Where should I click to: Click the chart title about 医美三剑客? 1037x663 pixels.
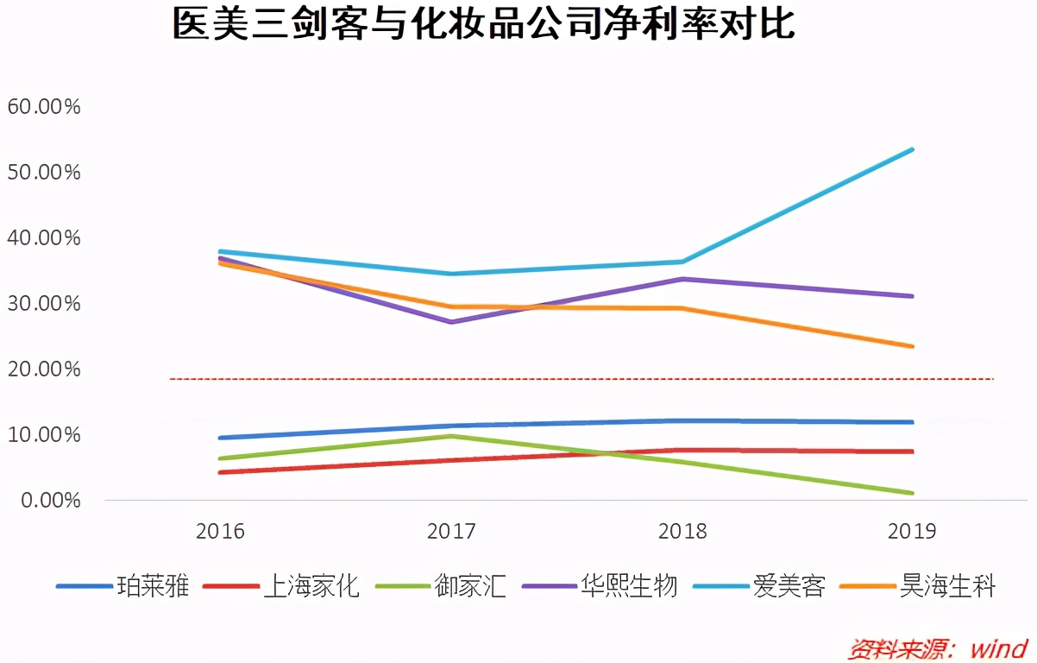(483, 24)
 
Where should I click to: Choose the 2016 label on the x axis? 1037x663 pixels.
(220, 531)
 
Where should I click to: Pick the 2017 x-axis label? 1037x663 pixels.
(451, 531)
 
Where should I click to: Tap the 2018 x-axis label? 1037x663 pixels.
(682, 531)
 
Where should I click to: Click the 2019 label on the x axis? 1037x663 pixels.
(911, 531)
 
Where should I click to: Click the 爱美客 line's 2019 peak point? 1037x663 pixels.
(913, 149)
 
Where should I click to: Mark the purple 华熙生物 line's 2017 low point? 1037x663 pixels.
(451, 322)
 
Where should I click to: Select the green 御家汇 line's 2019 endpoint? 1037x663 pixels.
(913, 493)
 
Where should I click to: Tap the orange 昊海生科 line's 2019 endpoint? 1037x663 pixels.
(913, 346)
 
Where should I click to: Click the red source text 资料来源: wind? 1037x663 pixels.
(938, 647)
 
